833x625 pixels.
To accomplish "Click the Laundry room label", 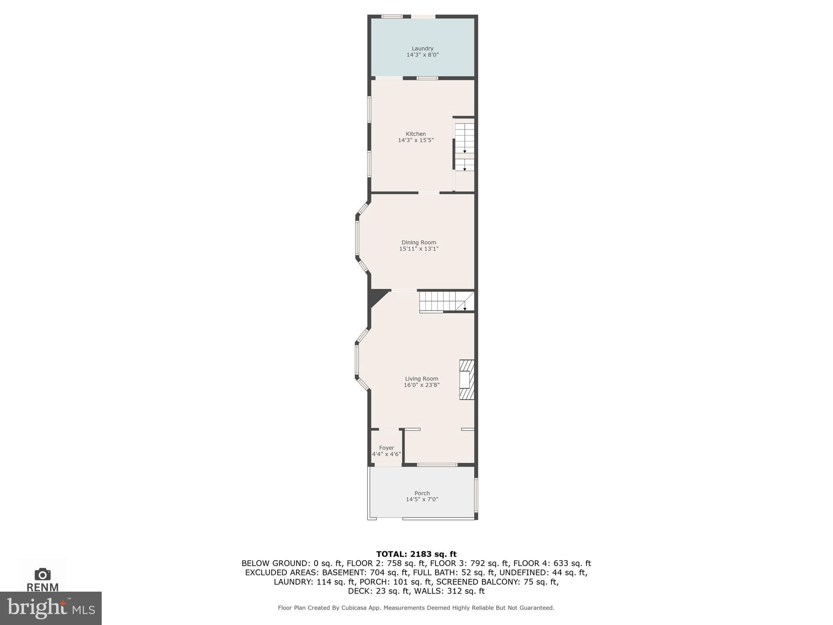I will pos(422,48).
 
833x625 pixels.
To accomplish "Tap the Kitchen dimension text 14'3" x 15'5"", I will pos(416,140).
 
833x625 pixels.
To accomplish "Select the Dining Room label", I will pos(419,243).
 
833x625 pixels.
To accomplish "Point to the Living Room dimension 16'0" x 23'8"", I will pos(421,385).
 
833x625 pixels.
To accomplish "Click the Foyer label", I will pos(386,448).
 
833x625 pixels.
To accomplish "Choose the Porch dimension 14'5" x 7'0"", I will pos(422,500).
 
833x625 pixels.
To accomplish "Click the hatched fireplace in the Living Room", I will pos(467,380).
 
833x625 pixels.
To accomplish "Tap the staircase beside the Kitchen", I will pos(464,146).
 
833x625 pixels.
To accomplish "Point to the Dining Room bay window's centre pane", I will pos(358,238).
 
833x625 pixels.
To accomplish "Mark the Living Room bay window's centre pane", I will pos(357,360).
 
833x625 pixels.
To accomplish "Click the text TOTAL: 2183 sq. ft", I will pos(416,554).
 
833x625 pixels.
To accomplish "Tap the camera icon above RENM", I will pos(42,575).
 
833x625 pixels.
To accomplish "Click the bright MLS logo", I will pos(50,608).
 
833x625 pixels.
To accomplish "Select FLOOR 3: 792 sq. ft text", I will pos(469,564).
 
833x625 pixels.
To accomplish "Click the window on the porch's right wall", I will pos(476,495).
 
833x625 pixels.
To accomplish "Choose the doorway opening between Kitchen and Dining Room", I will pos(429,192).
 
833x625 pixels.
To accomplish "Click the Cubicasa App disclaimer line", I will pos(416,608).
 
